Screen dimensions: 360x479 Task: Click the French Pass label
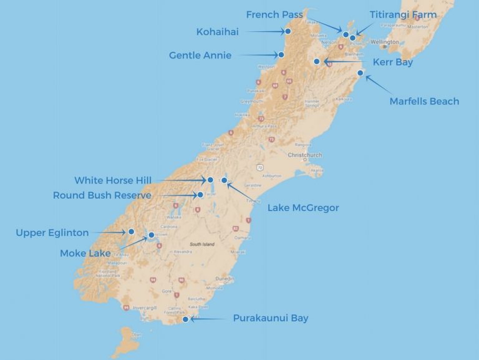274,14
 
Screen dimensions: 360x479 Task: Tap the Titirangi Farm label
412,14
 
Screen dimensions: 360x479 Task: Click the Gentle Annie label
200,55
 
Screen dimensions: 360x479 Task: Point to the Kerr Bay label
393,62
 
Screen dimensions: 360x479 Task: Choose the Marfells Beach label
424,101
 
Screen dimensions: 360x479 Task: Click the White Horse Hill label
113,180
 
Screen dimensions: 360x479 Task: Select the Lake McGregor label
303,208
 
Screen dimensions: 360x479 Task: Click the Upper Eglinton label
52,233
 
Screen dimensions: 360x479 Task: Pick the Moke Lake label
85,253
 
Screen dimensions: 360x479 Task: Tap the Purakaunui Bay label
271,318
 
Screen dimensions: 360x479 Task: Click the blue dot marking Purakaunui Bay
185,319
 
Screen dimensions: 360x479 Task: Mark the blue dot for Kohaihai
288,31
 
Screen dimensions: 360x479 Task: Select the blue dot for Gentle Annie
282,55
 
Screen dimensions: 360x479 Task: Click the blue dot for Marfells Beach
360,74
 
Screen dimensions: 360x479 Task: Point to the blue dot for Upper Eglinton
132,231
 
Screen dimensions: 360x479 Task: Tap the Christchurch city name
304,155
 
